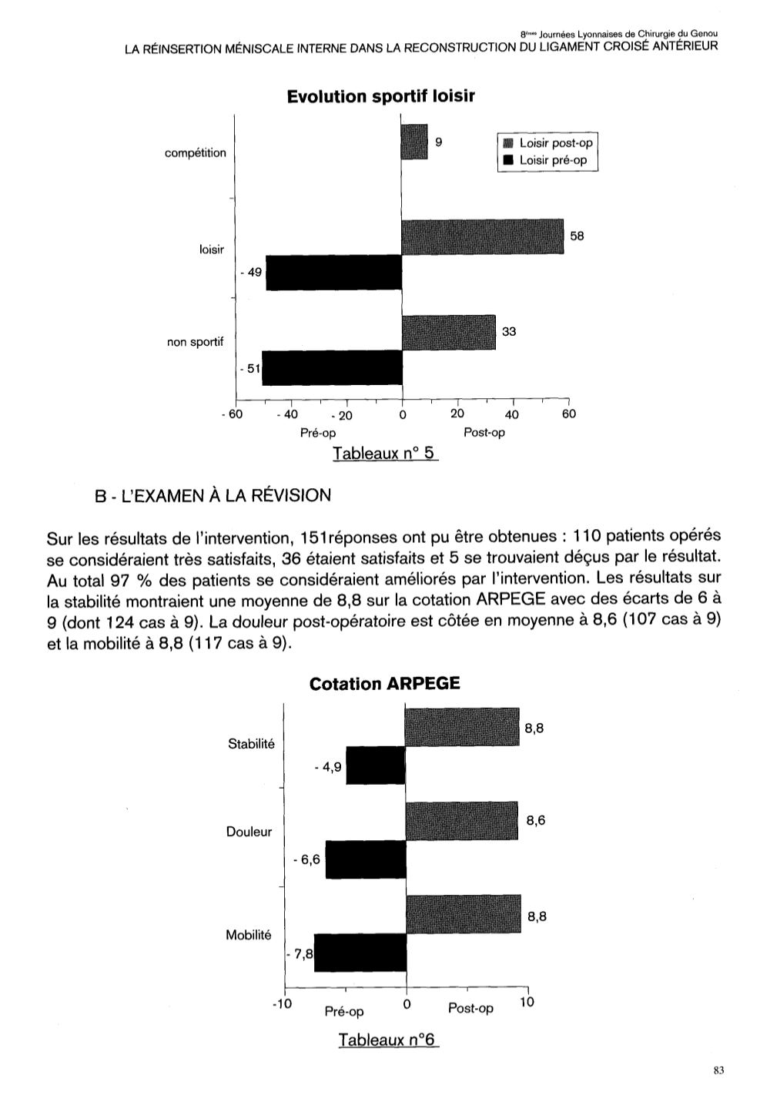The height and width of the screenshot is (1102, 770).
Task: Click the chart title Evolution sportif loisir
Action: pyautogui.click(x=380, y=96)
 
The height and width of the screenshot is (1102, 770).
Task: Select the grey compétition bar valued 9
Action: pyautogui.click(x=414, y=142)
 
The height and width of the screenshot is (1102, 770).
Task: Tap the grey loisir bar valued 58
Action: pyautogui.click(x=483, y=236)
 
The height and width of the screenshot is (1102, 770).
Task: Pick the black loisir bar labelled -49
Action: pyautogui.click(x=333, y=273)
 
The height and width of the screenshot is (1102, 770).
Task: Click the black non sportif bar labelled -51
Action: pyautogui.click(x=332, y=368)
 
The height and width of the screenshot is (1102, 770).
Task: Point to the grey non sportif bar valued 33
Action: pyautogui.click(x=449, y=332)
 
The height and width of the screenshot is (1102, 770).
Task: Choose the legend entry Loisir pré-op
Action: pyautogui.click(x=552, y=160)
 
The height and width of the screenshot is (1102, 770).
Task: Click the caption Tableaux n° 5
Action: pyautogui.click(x=385, y=454)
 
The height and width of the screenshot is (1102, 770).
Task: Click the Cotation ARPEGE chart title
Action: pyautogui.click(x=384, y=684)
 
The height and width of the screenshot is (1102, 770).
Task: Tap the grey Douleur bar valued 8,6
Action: pyautogui.click(x=462, y=821)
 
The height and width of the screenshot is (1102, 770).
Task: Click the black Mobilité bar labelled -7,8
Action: pyautogui.click(x=360, y=953)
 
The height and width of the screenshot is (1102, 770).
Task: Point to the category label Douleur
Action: pyautogui.click(x=249, y=832)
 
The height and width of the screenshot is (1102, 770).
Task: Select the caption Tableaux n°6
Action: pyautogui.click(x=387, y=1040)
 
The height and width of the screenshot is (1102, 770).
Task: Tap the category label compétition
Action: pyautogui.click(x=196, y=152)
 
